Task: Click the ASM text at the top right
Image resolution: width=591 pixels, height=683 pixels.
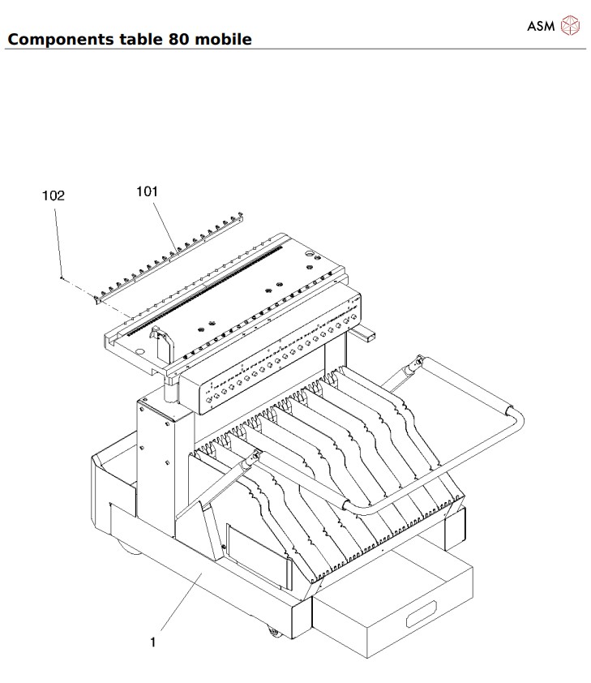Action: (541, 26)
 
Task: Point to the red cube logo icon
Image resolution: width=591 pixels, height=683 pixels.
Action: (572, 26)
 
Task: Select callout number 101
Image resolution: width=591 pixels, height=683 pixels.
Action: (147, 192)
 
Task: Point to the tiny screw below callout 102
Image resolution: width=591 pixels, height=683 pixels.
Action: (62, 277)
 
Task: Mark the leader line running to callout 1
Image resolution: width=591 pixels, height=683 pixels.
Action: (180, 604)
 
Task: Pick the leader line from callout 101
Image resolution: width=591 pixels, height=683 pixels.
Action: (163, 223)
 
